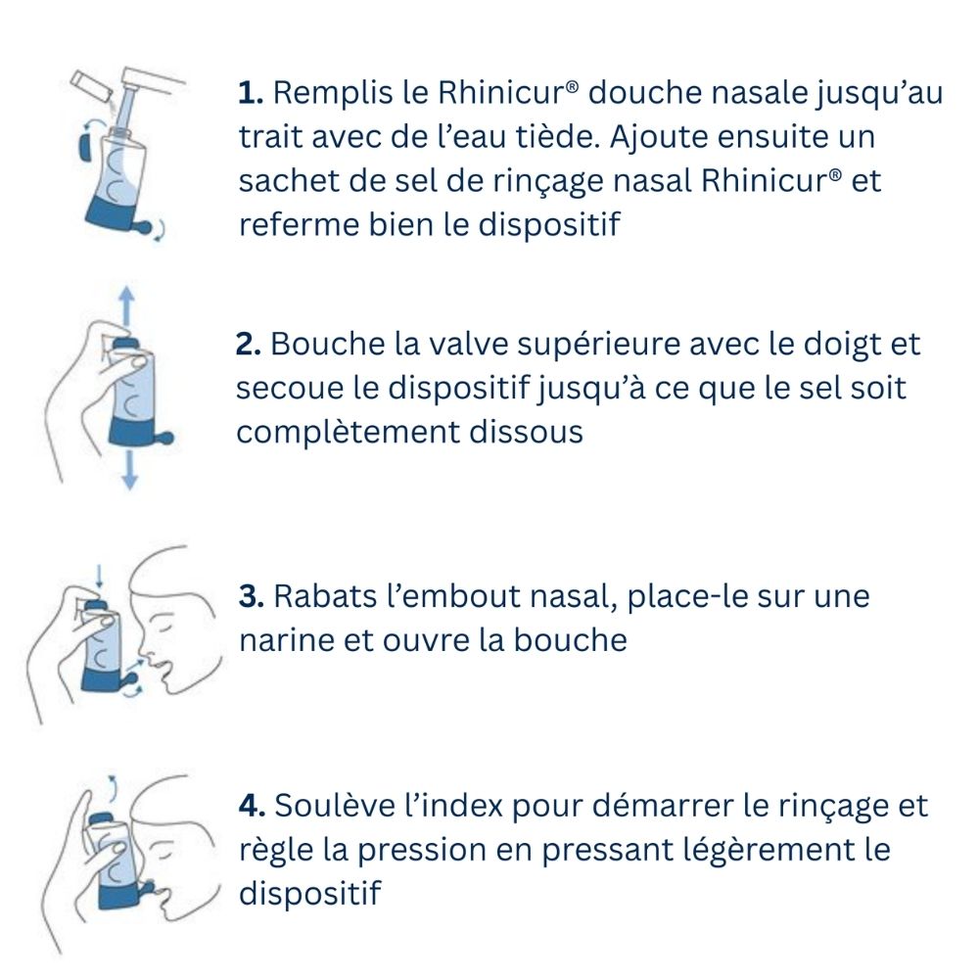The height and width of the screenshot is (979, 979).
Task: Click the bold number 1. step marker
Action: coord(252,95)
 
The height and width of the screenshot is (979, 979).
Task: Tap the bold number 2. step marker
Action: coord(249,345)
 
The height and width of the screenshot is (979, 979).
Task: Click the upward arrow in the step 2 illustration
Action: coord(124,303)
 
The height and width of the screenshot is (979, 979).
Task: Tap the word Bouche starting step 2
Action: coord(322,345)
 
